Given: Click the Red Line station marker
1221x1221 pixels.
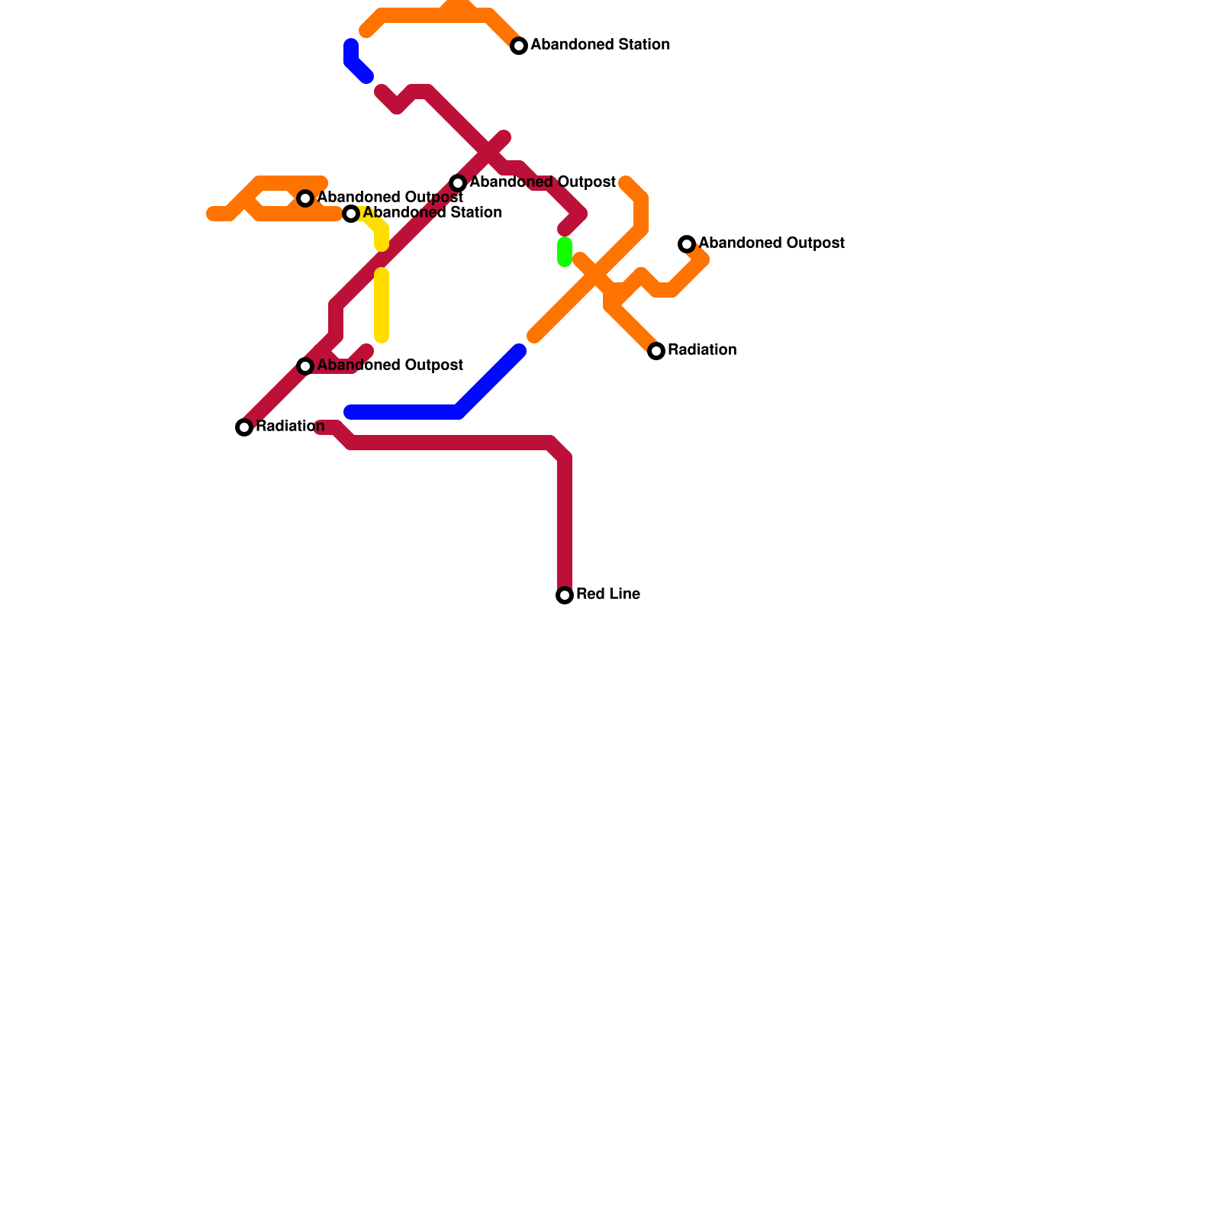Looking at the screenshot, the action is [x=565, y=595].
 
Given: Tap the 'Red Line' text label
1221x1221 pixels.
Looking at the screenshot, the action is [x=607, y=594].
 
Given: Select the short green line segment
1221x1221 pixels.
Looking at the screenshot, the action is [x=565, y=252].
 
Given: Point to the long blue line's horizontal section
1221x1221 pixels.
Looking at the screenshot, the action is [x=404, y=413].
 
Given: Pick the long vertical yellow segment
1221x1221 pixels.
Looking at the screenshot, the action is [x=382, y=305].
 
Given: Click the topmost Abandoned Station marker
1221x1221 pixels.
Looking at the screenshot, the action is [x=519, y=46].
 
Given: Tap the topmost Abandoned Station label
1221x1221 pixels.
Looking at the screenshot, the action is [x=600, y=45].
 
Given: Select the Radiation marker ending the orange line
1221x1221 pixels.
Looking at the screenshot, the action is [x=656, y=351].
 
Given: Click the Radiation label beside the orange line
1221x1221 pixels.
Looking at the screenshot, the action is [x=701, y=350].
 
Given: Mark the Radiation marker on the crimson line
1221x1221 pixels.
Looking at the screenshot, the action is [x=244, y=427].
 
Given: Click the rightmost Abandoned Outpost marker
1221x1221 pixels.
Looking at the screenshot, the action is [x=687, y=244].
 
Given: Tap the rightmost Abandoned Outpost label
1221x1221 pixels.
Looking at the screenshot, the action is [x=771, y=243].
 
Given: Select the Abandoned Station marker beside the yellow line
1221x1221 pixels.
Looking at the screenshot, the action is [x=351, y=214].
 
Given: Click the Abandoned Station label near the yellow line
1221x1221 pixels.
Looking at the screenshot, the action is [x=432, y=213].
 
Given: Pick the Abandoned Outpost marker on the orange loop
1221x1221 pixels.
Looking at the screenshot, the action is [x=305, y=198].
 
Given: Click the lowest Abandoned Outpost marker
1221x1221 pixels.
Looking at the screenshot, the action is [x=305, y=366].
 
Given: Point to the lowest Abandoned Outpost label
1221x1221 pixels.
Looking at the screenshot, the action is [x=389, y=366].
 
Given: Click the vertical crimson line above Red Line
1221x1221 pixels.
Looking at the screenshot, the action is [x=565, y=519].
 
